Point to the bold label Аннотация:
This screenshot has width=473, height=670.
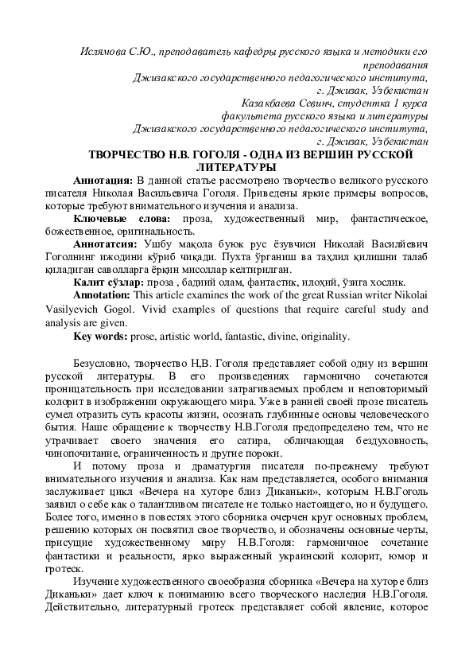click(102, 179)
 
